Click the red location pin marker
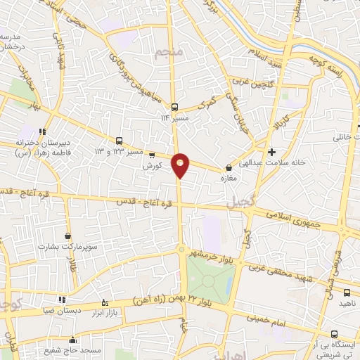[181, 165]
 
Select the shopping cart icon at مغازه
[229, 168]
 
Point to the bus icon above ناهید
[347, 292]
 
